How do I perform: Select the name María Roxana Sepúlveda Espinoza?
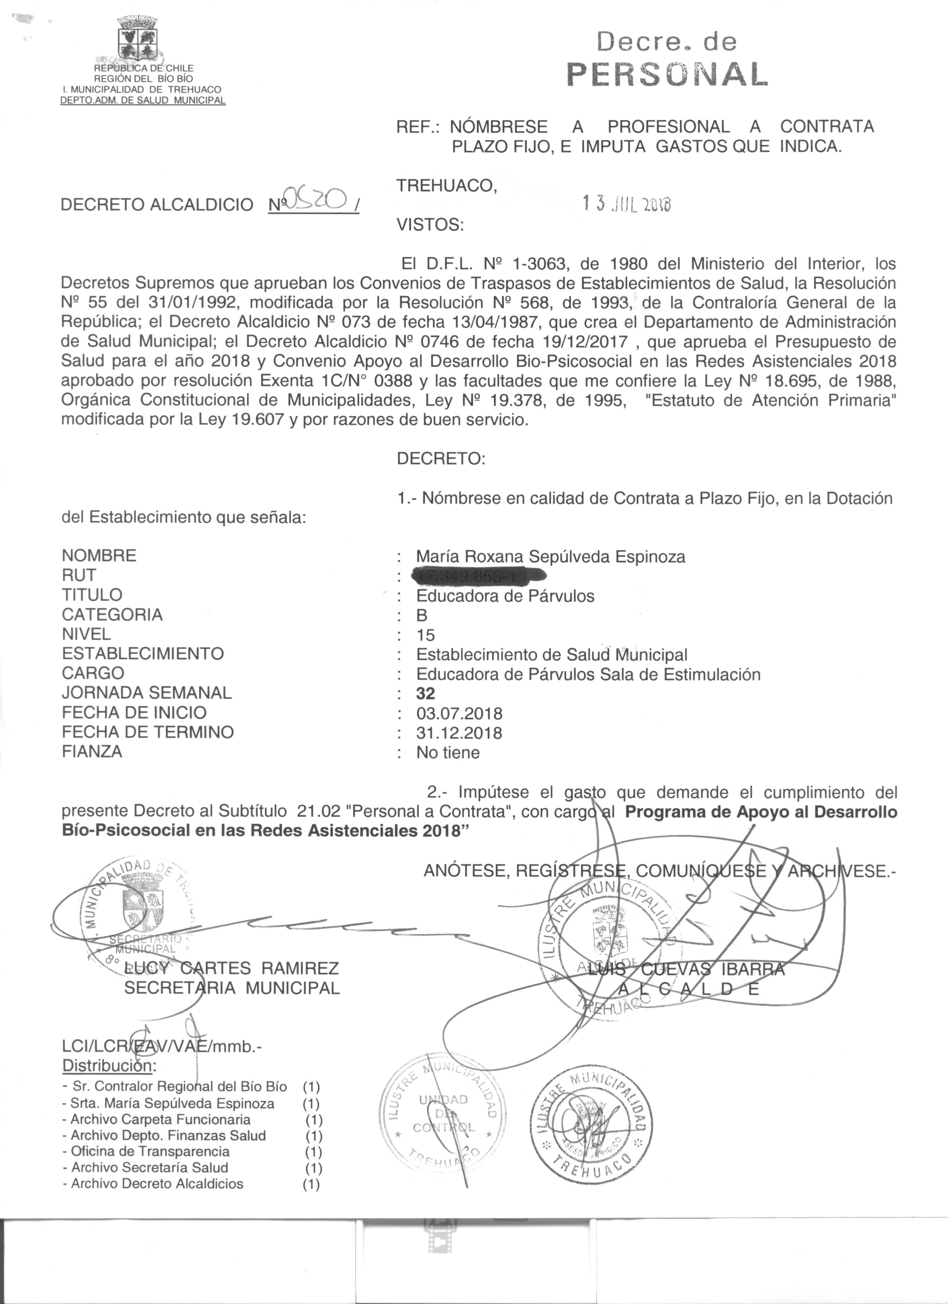(x=551, y=557)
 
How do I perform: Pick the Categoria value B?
(x=422, y=615)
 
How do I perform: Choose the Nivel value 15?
(x=426, y=635)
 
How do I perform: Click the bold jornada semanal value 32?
(x=426, y=693)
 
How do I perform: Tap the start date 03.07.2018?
(x=459, y=714)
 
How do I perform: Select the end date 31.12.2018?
(x=459, y=733)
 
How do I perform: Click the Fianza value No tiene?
(x=448, y=753)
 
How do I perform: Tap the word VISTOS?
(x=430, y=225)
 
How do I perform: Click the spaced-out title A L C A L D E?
(x=688, y=989)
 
